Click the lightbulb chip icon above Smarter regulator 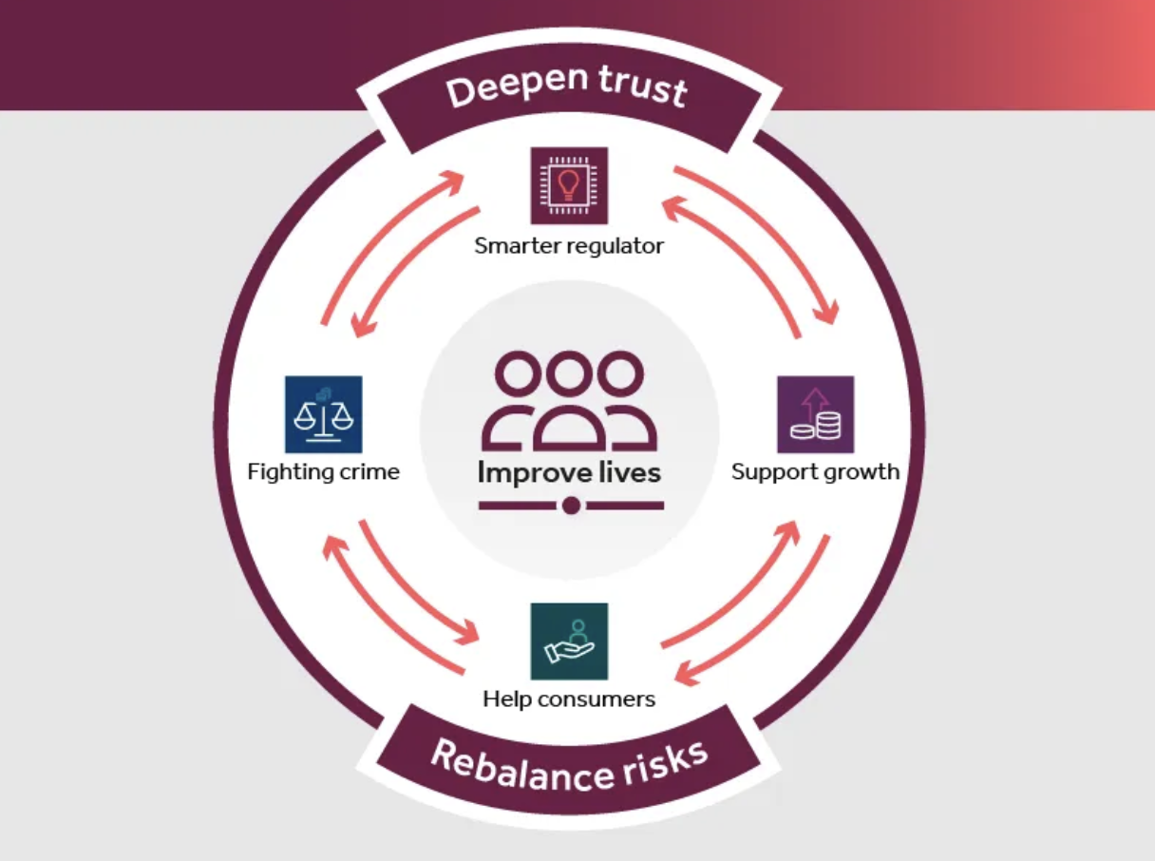[x=569, y=185]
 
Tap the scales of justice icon [x=323, y=414]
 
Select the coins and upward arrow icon [x=815, y=414]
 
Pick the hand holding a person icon [x=569, y=641]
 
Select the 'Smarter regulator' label [x=569, y=246]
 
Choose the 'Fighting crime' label [x=323, y=471]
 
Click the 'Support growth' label [x=815, y=471]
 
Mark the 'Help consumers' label [x=569, y=699]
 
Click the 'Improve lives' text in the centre [x=569, y=472]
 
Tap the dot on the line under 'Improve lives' [x=571, y=506]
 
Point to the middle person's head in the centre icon [x=570, y=372]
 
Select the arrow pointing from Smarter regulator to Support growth [x=760, y=238]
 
